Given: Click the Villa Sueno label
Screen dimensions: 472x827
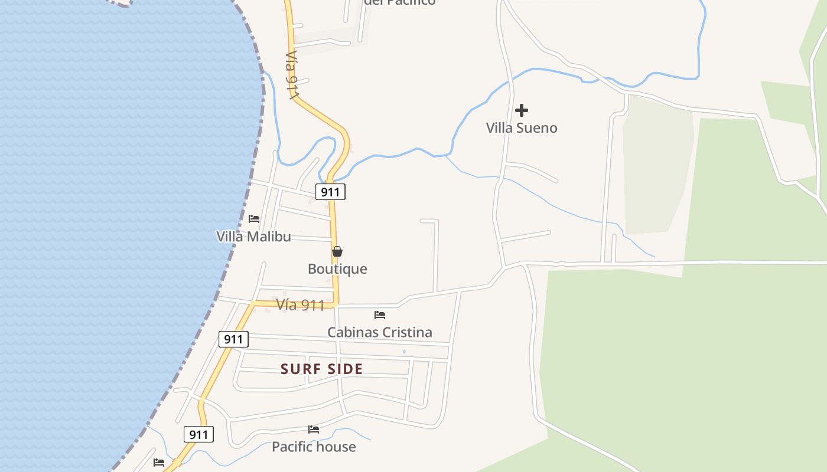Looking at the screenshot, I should tap(522, 128).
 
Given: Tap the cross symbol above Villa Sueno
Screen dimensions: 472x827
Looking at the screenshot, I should tap(522, 110).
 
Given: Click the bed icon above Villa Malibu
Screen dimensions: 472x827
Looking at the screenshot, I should tap(254, 219).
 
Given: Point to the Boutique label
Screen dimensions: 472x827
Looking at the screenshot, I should tap(337, 269).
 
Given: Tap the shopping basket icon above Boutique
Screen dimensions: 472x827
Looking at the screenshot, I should tap(337, 252).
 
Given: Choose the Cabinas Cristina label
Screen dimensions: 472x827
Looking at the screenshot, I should tap(380, 332).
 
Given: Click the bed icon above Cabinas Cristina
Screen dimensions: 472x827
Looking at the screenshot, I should tap(380, 315).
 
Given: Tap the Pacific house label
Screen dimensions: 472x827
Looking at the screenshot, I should tap(314, 447).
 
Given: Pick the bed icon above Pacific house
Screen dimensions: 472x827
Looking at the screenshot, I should tap(314, 430).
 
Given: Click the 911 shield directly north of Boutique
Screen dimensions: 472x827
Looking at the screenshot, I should tap(330, 192).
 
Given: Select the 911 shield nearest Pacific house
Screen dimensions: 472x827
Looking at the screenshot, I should tap(198, 435).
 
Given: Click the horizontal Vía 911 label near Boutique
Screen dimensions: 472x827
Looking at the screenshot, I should tap(300, 305).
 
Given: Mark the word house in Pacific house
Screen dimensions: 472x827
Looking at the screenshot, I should tap(336, 447).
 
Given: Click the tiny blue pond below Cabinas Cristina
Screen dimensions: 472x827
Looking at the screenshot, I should tap(404, 352).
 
